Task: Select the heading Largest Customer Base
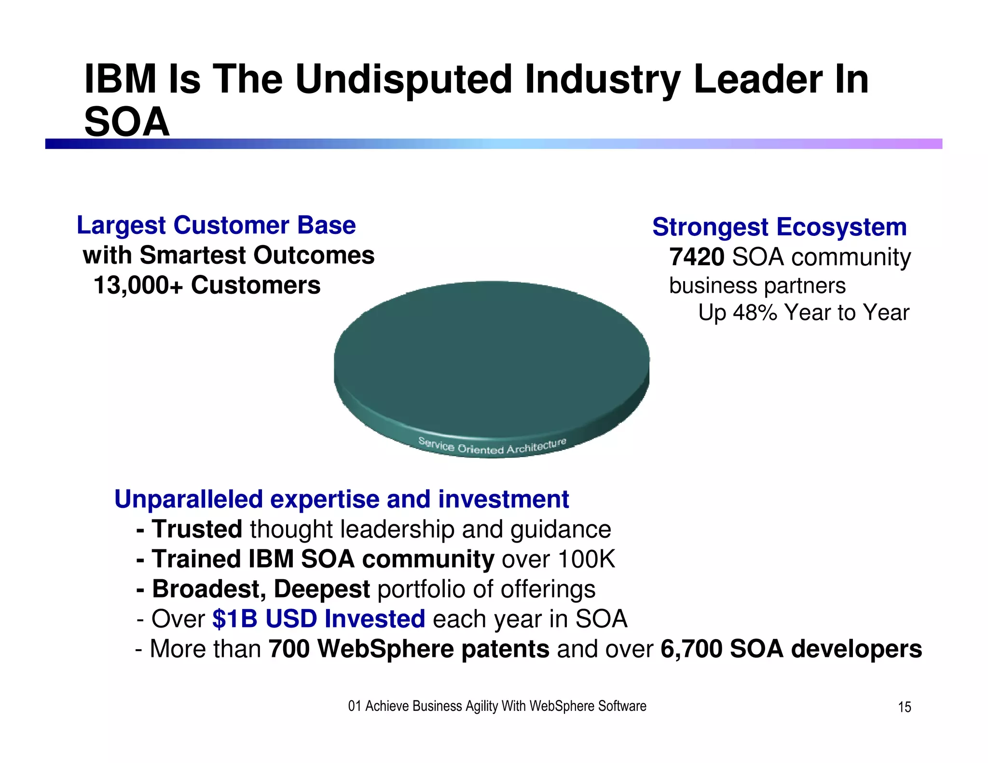tap(216, 225)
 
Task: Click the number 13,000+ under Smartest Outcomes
tap(138, 285)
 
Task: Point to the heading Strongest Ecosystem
tap(779, 227)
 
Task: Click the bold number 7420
tap(696, 257)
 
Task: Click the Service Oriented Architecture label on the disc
tap(492, 447)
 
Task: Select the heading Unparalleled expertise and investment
tap(342, 499)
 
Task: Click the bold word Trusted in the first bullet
tap(197, 529)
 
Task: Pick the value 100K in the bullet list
tap(587, 559)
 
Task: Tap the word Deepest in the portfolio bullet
tap(322, 589)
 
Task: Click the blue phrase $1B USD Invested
tap(318, 619)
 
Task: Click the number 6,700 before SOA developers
tap(691, 649)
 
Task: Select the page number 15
tap(904, 708)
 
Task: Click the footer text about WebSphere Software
tap(497, 706)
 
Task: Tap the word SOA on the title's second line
tap(127, 122)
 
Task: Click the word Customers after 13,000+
tap(256, 285)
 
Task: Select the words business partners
tap(757, 286)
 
